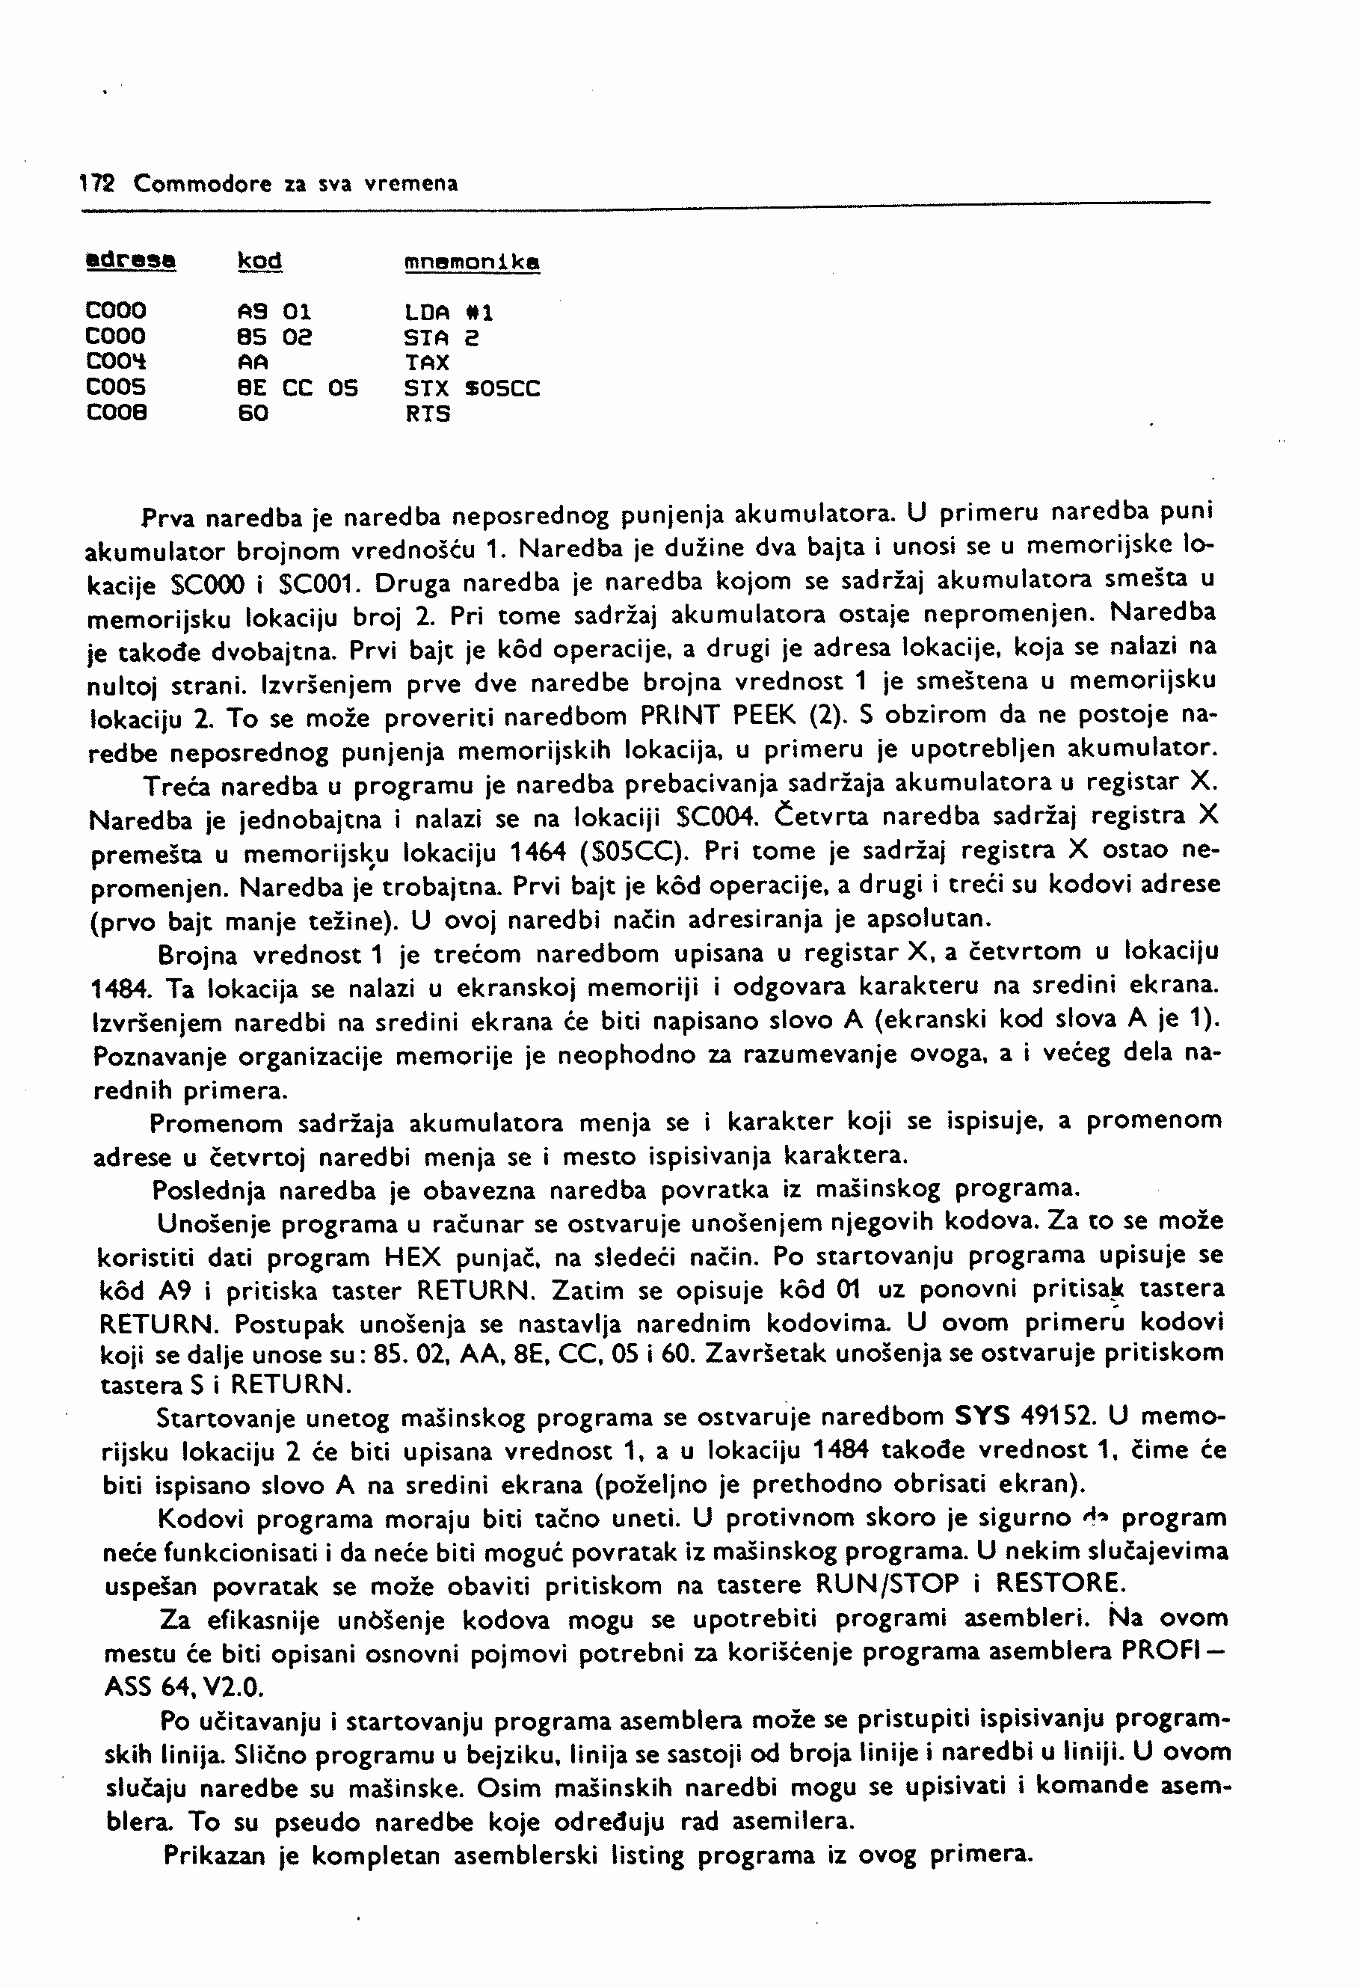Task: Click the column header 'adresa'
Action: pos(131,261)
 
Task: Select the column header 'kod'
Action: pos(260,261)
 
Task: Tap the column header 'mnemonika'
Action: pos(472,262)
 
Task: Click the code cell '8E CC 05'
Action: pos(297,388)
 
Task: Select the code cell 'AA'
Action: pos(252,363)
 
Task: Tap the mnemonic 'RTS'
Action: pos(428,414)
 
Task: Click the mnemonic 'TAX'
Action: pos(428,363)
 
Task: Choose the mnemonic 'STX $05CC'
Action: pos(472,388)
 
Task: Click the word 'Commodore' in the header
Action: pos(203,184)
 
